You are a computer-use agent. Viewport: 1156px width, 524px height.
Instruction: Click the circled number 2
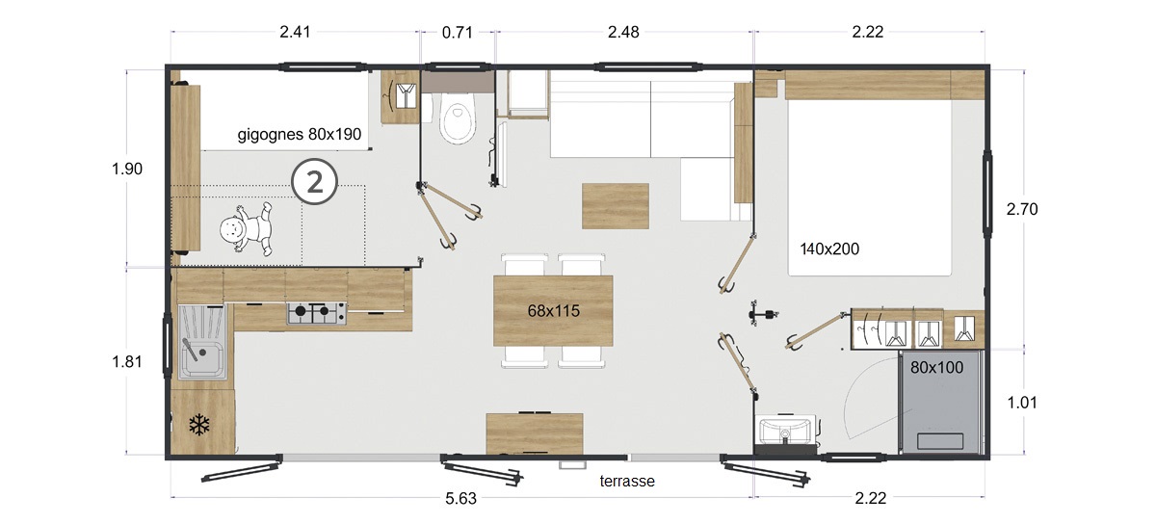tap(316, 181)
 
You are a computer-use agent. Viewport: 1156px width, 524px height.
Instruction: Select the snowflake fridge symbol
tap(200, 424)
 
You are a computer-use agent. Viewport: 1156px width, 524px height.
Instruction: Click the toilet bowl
tap(457, 122)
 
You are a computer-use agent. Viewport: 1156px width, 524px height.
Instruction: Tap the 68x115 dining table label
tap(553, 311)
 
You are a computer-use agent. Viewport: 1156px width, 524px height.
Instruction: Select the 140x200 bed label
tap(829, 249)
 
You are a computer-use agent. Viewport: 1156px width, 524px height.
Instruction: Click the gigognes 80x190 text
tap(300, 135)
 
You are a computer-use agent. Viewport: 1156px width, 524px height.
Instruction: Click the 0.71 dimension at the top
tap(458, 32)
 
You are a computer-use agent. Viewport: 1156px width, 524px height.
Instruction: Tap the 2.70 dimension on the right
tap(1022, 208)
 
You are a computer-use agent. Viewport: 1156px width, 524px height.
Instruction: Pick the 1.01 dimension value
tap(1022, 403)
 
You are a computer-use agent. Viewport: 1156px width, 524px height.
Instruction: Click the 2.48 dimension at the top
tap(623, 32)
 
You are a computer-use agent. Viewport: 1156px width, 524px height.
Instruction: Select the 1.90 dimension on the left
tap(127, 169)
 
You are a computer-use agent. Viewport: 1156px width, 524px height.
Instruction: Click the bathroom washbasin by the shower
tap(787, 430)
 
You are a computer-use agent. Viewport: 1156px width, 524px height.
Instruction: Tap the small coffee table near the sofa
tap(615, 205)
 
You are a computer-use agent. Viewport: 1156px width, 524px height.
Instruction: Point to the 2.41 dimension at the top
tap(296, 32)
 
